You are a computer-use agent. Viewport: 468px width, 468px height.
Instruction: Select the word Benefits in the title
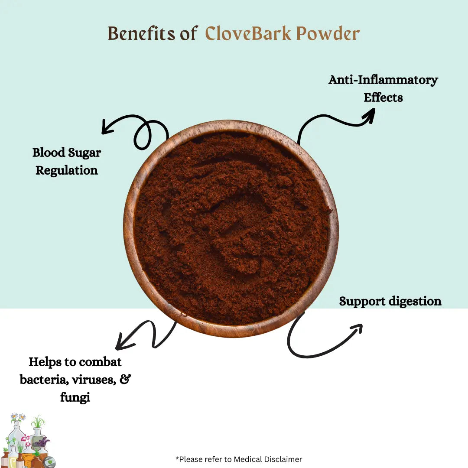[x=141, y=34]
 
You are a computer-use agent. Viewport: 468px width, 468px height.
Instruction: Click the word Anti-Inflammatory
[x=383, y=80]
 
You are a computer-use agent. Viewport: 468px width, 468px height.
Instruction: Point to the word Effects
[x=383, y=97]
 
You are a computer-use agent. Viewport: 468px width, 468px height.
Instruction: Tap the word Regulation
[x=67, y=170]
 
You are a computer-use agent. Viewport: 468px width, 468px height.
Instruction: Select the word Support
[x=359, y=301]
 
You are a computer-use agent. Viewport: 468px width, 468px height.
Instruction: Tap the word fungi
[x=75, y=397]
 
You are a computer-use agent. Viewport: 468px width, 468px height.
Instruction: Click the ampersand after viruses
[x=125, y=380]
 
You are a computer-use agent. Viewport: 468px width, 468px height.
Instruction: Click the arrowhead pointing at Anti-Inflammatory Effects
[x=369, y=114]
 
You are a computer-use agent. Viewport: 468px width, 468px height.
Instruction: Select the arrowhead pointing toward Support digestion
[x=356, y=328]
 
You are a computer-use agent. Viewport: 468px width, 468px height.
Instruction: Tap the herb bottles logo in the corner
[x=27, y=442]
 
